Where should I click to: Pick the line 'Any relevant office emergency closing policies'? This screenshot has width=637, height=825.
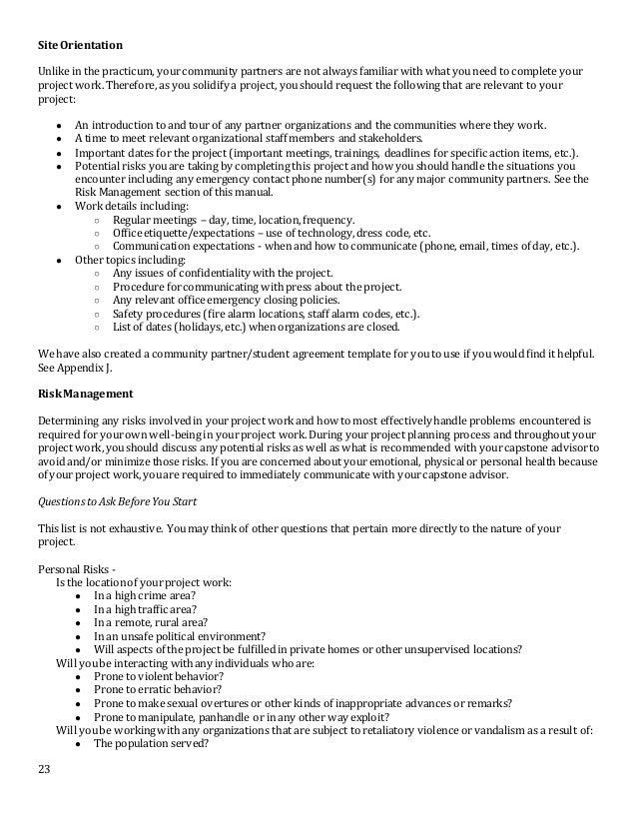click(226, 299)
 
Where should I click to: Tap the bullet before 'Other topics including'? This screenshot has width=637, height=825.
click(61, 259)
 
